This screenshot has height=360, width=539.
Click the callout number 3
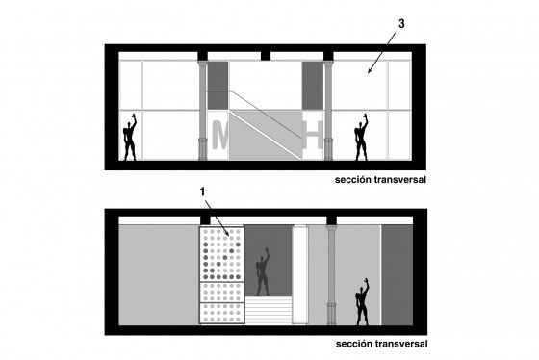tap(401, 24)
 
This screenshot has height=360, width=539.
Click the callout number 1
tap(203, 193)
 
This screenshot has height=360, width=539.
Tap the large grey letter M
tap(219, 135)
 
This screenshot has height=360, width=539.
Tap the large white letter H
tap(313, 135)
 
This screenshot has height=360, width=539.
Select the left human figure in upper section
tap(130, 138)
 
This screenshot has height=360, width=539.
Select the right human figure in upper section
tap(362, 138)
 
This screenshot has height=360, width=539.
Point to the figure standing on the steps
tap(263, 271)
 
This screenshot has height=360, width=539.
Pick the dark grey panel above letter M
tap(218, 86)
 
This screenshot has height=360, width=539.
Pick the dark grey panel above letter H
tap(313, 86)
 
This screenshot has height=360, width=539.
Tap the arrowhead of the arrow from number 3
tap(370, 71)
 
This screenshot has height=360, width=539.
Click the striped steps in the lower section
tap(269, 311)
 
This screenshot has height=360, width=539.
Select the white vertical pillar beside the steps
tap(300, 275)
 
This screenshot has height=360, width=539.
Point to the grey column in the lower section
tap(331, 275)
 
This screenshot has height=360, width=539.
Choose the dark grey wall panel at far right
tap(397, 275)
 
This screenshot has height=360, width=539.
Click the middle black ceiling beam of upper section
tap(266, 56)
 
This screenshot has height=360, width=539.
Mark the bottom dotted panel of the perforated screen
tap(222, 313)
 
